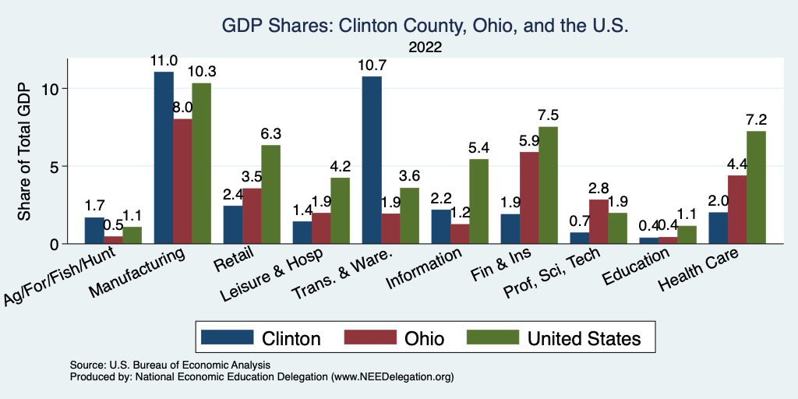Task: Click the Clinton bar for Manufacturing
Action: click(x=164, y=157)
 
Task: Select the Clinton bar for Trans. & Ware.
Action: click(x=372, y=160)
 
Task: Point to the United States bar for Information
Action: click(x=478, y=201)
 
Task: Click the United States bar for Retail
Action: click(x=270, y=194)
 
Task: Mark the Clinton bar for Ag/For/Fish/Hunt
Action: click(x=94, y=230)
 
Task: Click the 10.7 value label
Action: click(x=371, y=65)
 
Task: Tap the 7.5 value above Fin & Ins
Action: click(x=548, y=115)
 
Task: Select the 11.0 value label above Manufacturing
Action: click(x=164, y=60)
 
